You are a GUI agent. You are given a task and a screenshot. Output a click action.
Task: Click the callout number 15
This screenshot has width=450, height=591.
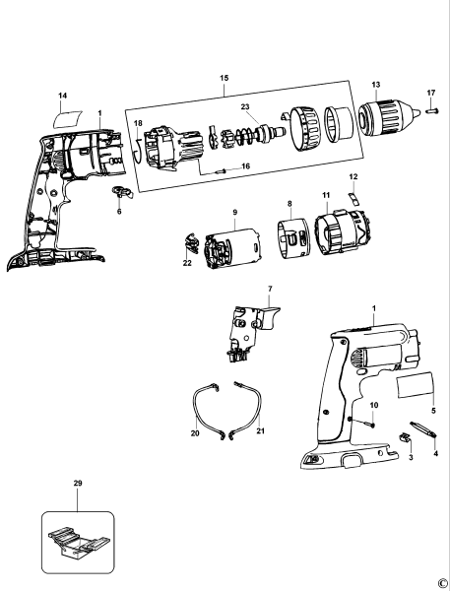click(x=224, y=78)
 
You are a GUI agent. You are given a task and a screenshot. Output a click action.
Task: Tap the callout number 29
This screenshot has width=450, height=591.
click(x=78, y=483)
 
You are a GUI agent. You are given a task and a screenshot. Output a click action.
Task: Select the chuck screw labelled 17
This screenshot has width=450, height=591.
click(x=432, y=110)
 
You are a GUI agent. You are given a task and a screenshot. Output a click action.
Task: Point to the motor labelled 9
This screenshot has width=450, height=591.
click(x=231, y=249)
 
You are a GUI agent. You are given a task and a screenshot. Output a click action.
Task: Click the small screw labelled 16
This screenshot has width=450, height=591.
click(x=221, y=171)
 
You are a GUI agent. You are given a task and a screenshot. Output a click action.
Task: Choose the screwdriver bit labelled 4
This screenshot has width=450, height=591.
click(x=424, y=429)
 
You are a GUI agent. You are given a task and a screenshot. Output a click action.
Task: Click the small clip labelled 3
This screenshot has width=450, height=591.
click(x=405, y=437)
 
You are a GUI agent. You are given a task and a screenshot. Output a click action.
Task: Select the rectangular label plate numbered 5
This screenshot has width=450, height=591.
click(x=416, y=385)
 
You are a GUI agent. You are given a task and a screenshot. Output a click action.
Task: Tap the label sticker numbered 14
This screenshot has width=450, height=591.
click(x=67, y=119)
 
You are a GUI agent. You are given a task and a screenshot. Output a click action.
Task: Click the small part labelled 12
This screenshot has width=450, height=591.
click(x=354, y=198)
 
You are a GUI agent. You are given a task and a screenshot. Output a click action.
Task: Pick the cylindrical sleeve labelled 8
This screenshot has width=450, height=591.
click(x=292, y=239)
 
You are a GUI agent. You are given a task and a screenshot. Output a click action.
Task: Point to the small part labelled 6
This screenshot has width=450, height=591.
click(x=122, y=192)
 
